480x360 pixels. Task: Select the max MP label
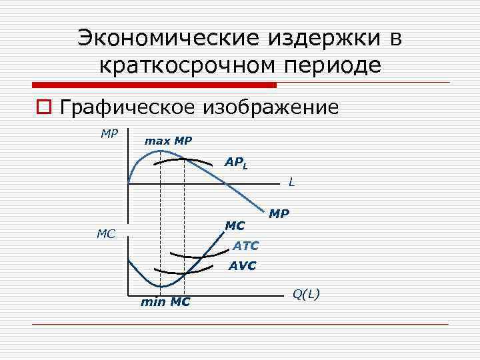click(x=168, y=141)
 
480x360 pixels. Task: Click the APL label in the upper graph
click(x=236, y=162)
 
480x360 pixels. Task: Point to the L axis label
click(x=292, y=181)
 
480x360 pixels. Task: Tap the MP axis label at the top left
click(x=109, y=133)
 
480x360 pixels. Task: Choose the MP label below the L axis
click(x=279, y=214)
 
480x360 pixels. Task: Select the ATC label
click(x=246, y=246)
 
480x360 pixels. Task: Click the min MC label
click(x=165, y=302)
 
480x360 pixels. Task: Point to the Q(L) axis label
click(x=306, y=293)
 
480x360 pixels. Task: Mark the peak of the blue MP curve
click(x=161, y=151)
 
